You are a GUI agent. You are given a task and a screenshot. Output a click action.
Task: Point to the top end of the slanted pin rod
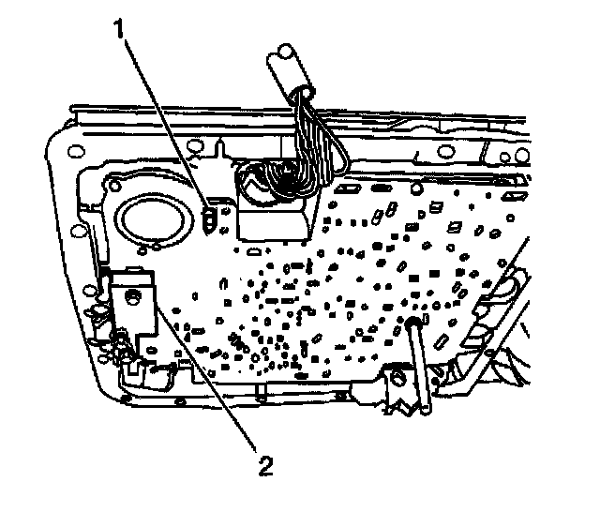click(x=412, y=324)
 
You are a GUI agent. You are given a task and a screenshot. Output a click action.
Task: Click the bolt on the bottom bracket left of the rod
click(x=396, y=377)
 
